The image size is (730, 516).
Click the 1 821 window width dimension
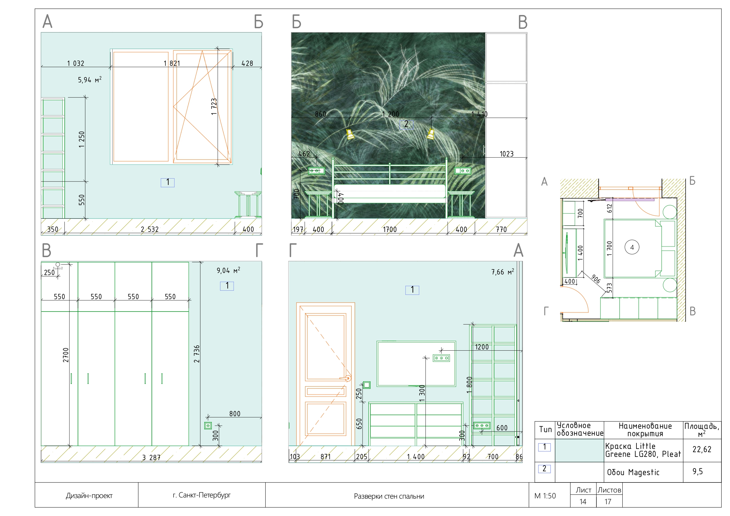[172, 63]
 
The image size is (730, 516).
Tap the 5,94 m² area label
[89, 79]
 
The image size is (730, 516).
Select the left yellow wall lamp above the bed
[350, 134]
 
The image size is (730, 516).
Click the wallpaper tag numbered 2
[406, 124]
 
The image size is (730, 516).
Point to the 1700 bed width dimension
[390, 229]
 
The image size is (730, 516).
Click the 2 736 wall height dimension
[197, 354]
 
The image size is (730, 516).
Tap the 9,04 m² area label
[228, 271]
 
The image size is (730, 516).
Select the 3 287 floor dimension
[151, 457]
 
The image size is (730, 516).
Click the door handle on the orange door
[347, 378]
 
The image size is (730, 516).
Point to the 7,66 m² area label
[502, 272]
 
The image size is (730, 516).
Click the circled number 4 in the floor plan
[632, 247]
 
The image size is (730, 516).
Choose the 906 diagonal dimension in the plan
[596, 279]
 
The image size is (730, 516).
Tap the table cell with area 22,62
[702, 449]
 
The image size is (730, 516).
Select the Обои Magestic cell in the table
[633, 472]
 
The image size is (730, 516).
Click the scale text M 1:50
[545, 496]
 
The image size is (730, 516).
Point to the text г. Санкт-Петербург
[202, 495]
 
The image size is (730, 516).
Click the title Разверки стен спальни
[389, 496]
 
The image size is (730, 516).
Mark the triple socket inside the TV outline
[441, 358]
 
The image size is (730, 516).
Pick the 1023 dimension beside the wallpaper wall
[506, 154]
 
